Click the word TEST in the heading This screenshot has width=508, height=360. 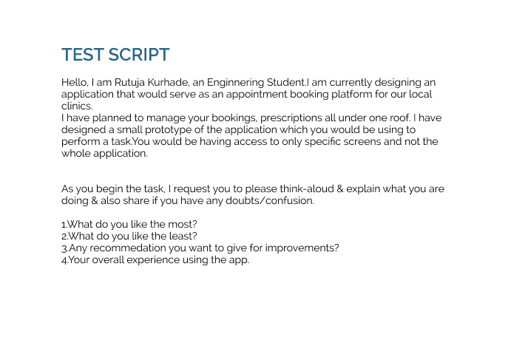click(83, 55)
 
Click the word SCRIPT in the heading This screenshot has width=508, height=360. click(139, 55)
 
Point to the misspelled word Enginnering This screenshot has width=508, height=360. click(236, 83)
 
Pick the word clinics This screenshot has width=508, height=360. click(77, 106)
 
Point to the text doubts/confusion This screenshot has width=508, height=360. click(270, 201)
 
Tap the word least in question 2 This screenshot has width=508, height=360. click(183, 236)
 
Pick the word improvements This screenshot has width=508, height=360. click(302, 248)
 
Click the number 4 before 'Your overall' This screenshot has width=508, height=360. click(64, 260)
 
